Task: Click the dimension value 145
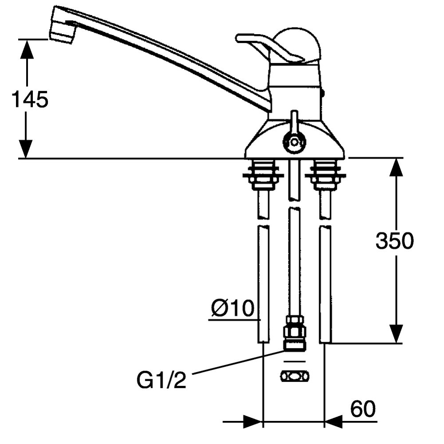30,99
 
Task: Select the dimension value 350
394,241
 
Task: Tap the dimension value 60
363,409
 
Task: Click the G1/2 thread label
162,380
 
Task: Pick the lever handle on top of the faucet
269,48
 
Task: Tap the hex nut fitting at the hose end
294,332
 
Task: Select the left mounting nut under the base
263,174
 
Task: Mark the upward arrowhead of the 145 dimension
27,49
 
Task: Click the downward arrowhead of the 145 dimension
26,149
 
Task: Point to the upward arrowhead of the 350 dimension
396,167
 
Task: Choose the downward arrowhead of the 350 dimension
396,334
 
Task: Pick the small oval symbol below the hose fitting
295,377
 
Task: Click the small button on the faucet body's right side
323,92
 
